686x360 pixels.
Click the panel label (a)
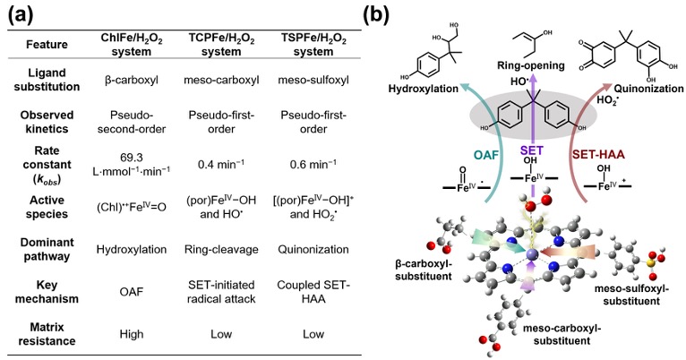(x=21, y=15)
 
